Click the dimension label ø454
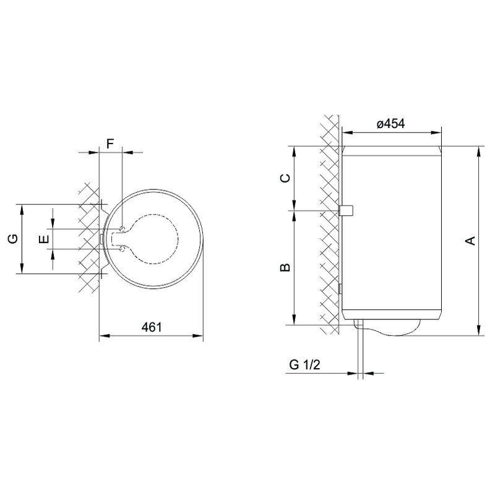coord(390,123)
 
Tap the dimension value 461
coord(152,327)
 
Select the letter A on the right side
coord(471,240)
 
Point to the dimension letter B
coord(285,267)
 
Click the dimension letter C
coord(285,178)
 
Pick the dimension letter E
coord(45,239)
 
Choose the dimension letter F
coord(110,144)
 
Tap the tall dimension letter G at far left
coord(13,239)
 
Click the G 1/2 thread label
coord(304,364)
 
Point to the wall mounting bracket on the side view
coord(346,210)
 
